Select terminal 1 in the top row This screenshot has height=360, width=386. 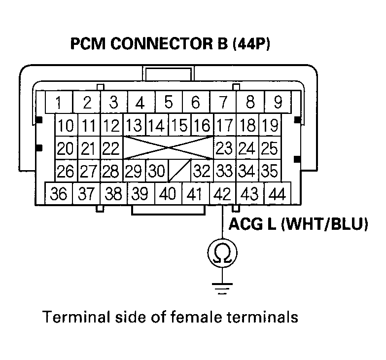59,103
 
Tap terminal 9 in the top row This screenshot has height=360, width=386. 278,103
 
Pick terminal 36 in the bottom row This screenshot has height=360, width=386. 59,194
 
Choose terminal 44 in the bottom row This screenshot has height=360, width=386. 278,194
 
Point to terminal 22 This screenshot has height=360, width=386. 111,148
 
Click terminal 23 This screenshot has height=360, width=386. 225,148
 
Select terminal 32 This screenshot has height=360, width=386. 202,172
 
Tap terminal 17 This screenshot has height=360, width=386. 225,125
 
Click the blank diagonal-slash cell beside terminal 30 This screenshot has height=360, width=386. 179,172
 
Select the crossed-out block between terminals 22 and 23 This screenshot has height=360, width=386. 168,148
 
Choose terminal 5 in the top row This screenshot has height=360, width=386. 169,103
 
